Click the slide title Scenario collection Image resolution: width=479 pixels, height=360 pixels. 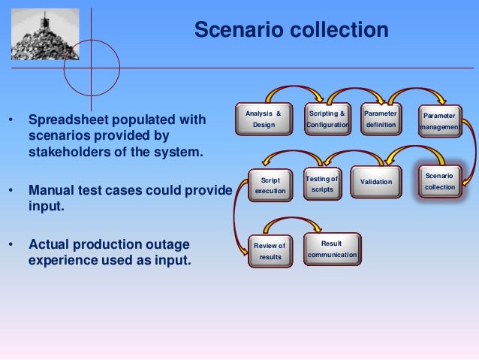(x=291, y=30)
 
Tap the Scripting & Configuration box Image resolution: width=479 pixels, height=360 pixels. (x=327, y=119)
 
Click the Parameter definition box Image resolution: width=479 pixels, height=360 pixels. (x=381, y=119)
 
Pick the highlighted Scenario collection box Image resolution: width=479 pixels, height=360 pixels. (x=440, y=181)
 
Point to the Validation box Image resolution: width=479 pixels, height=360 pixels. (x=376, y=182)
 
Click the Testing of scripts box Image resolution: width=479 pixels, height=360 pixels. (x=322, y=184)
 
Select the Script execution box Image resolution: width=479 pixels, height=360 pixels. (x=270, y=186)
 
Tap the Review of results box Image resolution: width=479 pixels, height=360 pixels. (x=270, y=251)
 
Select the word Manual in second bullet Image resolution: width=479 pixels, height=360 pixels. (x=51, y=189)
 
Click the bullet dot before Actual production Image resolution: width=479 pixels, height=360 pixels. (x=11, y=246)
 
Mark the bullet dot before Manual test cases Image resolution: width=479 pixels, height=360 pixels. (x=11, y=190)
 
